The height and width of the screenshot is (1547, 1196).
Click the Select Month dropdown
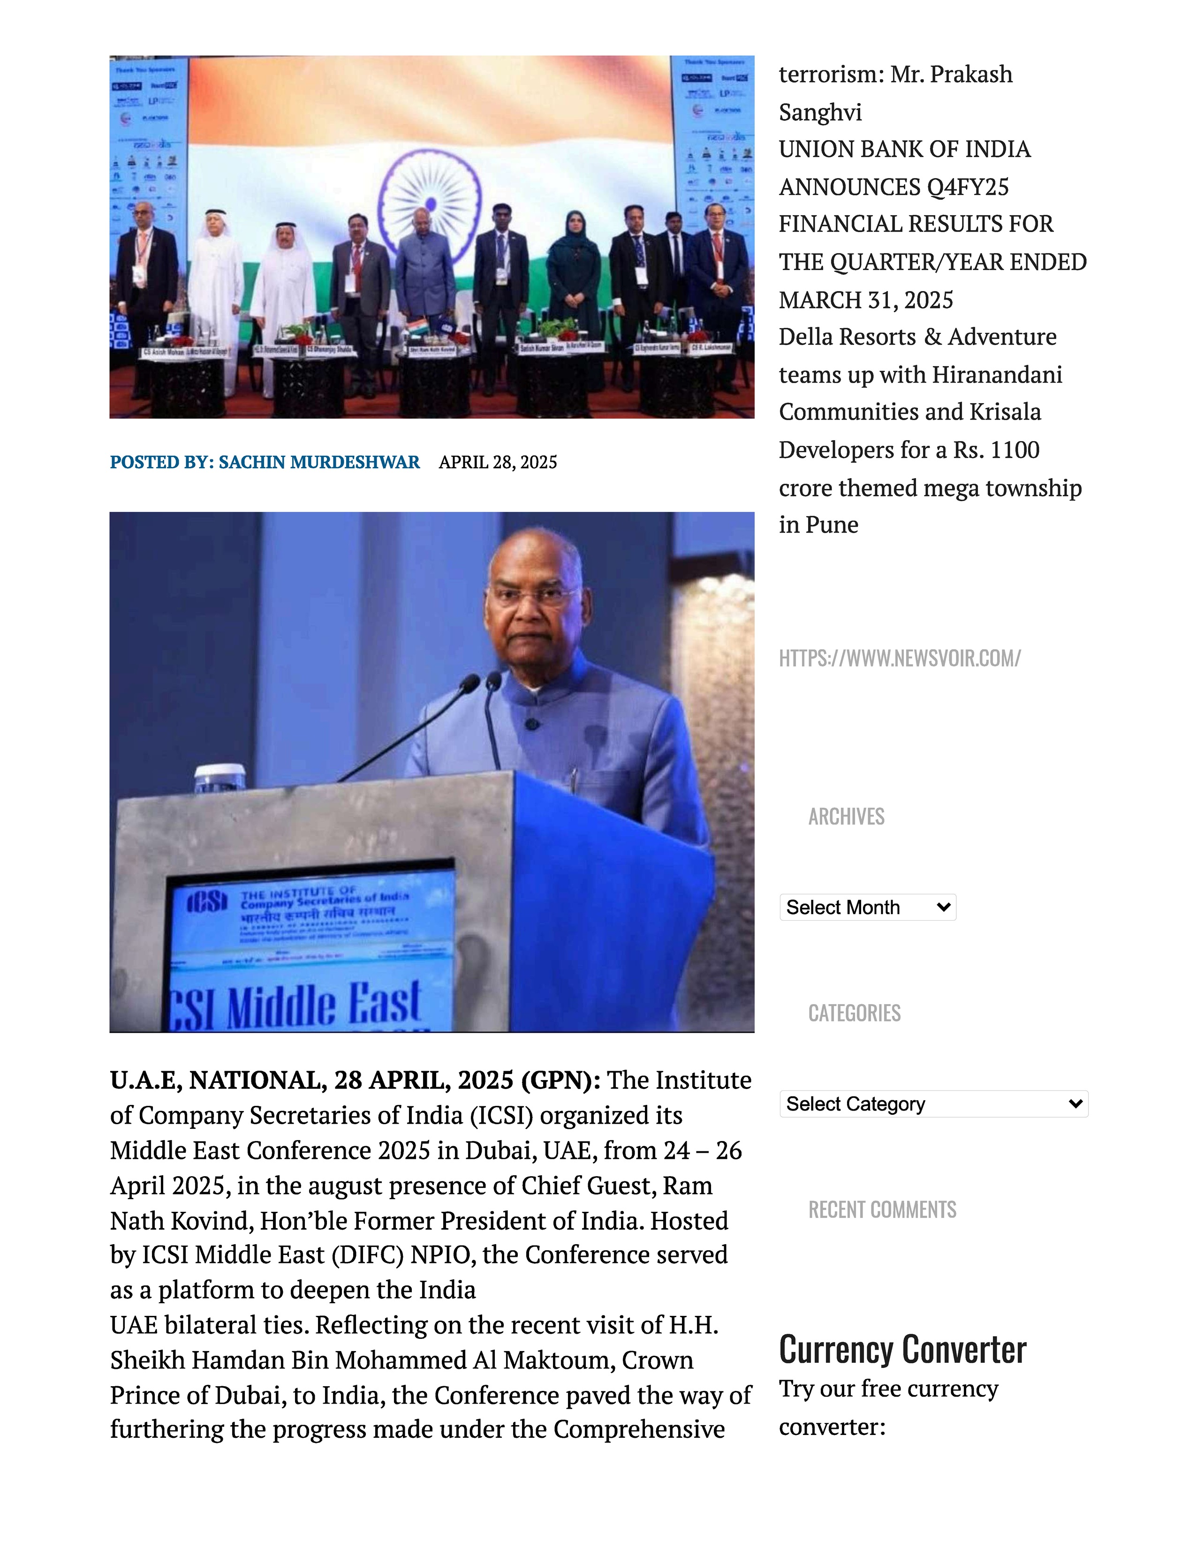(x=867, y=908)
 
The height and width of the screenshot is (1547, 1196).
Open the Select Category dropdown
(x=933, y=1104)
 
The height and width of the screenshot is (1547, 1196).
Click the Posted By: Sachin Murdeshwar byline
(x=264, y=462)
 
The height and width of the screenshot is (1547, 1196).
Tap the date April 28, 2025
(x=497, y=462)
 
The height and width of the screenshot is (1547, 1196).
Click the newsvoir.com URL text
(x=899, y=658)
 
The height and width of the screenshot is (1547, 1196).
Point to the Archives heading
(x=846, y=816)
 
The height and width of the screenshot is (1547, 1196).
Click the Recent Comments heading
(x=882, y=1209)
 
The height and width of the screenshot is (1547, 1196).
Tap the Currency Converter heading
(x=902, y=1349)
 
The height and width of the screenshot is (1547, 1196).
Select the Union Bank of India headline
(x=932, y=224)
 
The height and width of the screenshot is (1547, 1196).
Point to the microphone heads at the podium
(x=480, y=682)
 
